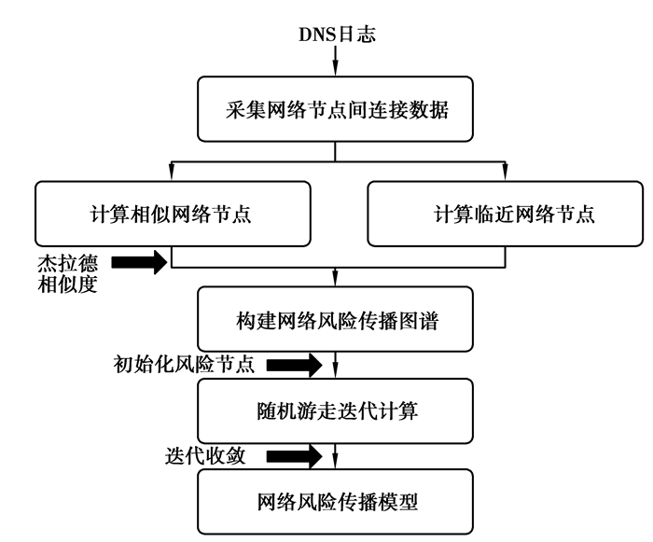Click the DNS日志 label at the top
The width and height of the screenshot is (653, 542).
pos(337,35)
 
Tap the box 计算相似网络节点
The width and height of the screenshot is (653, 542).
pos(172,215)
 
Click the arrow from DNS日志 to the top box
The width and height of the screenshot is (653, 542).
pos(336,63)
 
